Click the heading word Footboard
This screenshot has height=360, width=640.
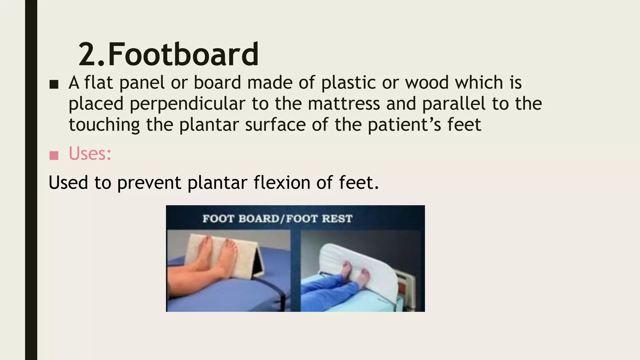pos(183,55)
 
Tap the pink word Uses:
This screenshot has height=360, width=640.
pos(90,154)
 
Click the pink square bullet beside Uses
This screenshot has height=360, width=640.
pos(54,155)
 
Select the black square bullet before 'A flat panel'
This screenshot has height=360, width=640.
pos(54,84)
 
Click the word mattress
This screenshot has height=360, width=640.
pos(344,103)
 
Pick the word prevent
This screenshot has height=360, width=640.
pos(149,183)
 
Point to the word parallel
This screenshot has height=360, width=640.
pos(454,103)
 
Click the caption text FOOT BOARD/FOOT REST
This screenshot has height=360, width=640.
pos(277,218)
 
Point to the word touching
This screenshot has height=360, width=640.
pos(104,125)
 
